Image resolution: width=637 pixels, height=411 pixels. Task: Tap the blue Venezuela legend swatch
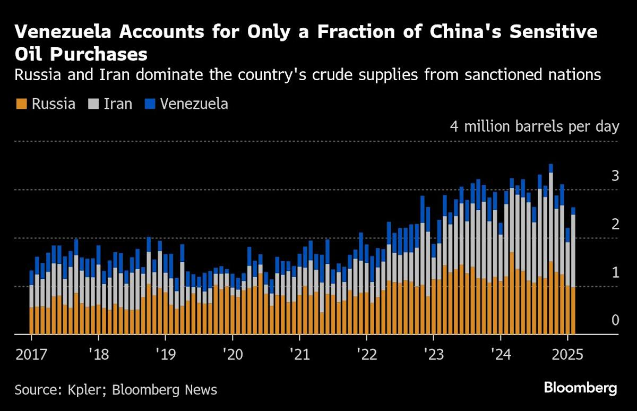tap(151, 104)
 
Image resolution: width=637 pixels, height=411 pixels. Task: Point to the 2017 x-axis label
tap(31, 353)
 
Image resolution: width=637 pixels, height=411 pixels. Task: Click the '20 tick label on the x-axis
tap(232, 353)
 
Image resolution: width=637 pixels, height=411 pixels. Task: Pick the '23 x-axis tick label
tap(433, 353)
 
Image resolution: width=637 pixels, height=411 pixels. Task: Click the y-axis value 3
tap(615, 176)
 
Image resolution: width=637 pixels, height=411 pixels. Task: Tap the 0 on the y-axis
tap(615, 320)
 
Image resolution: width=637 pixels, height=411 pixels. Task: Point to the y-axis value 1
tap(615, 272)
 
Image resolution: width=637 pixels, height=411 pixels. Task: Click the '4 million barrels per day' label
tap(535, 127)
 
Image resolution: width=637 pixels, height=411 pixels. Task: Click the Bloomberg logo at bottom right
tap(580, 388)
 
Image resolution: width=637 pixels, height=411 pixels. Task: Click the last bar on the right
tap(573, 271)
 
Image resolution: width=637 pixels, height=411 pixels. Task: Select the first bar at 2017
tap(31, 303)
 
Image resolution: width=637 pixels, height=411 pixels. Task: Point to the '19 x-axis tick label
tap(165, 353)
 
